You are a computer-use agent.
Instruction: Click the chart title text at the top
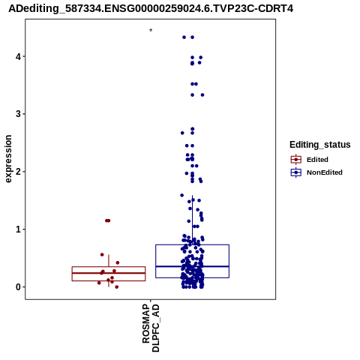[x=151, y=8]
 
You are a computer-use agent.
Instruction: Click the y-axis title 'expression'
[x=8, y=159]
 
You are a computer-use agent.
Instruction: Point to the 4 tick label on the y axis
[x=18, y=56]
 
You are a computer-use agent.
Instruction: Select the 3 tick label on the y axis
[x=18, y=114]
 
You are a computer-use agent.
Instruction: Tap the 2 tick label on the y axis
[x=18, y=172]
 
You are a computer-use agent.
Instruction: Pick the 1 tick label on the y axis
[x=18, y=229]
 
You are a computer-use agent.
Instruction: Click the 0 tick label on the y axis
[x=18, y=287]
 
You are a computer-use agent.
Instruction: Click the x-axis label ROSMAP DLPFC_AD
[x=151, y=328]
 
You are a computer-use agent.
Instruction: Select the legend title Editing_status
[x=320, y=145]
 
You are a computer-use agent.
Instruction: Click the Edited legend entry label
[x=317, y=160]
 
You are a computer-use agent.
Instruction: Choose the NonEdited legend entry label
[x=325, y=172]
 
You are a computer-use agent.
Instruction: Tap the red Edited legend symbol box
[x=296, y=159]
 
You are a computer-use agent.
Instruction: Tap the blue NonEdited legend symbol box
[x=296, y=172]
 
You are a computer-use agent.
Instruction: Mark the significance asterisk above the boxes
[x=151, y=31]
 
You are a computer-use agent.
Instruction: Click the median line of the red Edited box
[x=109, y=273]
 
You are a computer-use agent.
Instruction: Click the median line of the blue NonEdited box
[x=192, y=266]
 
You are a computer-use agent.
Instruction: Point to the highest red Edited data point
[x=108, y=220]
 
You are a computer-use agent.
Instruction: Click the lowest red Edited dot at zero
[x=116, y=286]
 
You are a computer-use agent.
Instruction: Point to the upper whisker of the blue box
[x=192, y=220]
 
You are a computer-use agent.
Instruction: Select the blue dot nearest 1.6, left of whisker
[x=182, y=195]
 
